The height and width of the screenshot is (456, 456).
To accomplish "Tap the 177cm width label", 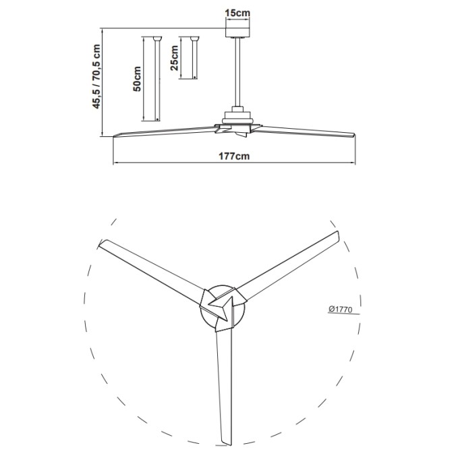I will pyautogui.click(x=233, y=156).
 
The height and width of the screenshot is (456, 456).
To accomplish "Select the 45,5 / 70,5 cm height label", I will pyautogui.click(x=96, y=76).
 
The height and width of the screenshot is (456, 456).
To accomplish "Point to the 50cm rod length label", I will pyautogui.click(x=137, y=79).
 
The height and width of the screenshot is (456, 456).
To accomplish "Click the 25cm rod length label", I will pyautogui.click(x=175, y=59).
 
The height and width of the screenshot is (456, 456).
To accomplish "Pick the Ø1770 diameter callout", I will pyautogui.click(x=341, y=309).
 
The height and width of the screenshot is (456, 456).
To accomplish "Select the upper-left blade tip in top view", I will pyautogui.click(x=103, y=244).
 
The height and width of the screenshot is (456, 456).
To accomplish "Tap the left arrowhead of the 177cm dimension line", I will pyautogui.click(x=115, y=163).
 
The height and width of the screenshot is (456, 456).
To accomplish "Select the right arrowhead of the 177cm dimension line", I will pyautogui.click(x=354, y=163).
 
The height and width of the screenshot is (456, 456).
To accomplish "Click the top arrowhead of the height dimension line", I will pyautogui.click(x=103, y=30).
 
